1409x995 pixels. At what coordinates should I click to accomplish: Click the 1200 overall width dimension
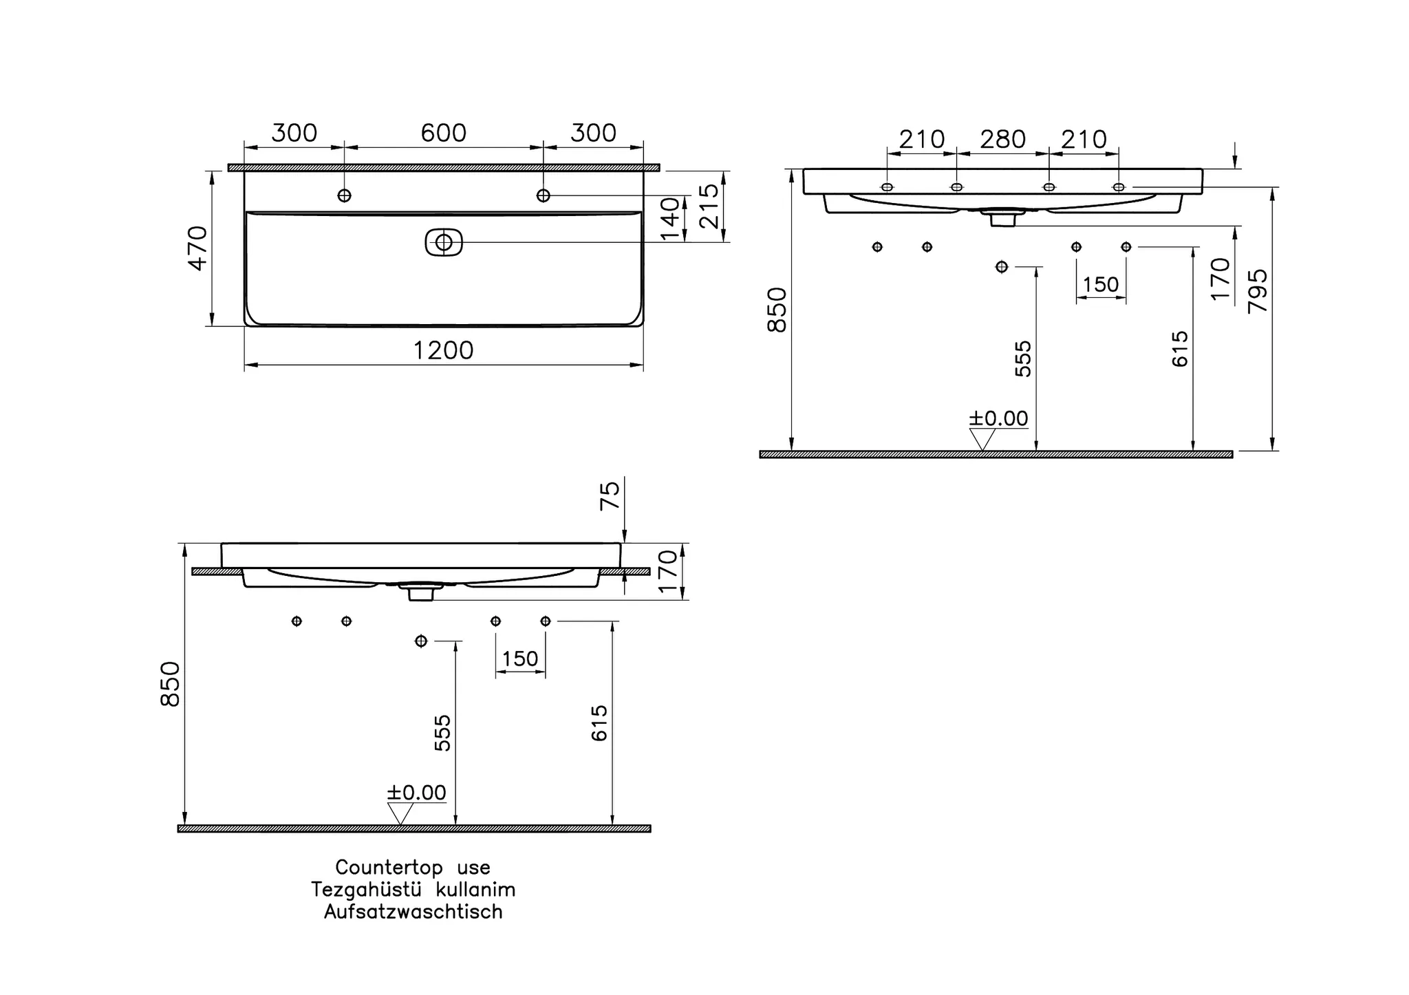(x=443, y=351)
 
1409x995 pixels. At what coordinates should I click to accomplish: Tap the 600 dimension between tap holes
(x=443, y=133)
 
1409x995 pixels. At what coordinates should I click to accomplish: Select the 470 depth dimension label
(x=198, y=248)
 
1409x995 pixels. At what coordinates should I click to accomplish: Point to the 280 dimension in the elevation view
(x=1002, y=140)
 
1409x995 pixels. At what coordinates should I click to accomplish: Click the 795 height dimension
(x=1258, y=291)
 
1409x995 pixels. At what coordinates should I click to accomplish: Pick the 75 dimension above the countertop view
(x=610, y=495)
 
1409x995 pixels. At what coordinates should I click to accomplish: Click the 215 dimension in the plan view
(x=709, y=206)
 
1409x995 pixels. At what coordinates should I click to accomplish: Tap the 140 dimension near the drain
(x=670, y=219)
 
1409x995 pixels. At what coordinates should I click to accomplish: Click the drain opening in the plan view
(x=444, y=242)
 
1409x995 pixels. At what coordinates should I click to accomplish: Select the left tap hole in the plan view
(x=344, y=195)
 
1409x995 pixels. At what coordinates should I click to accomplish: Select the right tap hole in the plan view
(x=543, y=195)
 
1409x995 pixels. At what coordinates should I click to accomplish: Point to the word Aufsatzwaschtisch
(x=413, y=912)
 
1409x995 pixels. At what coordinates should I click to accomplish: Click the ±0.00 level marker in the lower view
(x=416, y=793)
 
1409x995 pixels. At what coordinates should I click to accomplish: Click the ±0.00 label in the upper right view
(x=998, y=418)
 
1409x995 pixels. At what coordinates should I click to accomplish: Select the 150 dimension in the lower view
(x=520, y=659)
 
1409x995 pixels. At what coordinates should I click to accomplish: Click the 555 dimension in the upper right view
(x=1024, y=359)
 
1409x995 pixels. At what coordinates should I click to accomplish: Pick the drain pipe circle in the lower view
(x=421, y=641)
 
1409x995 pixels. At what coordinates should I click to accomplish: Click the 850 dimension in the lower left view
(x=170, y=683)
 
